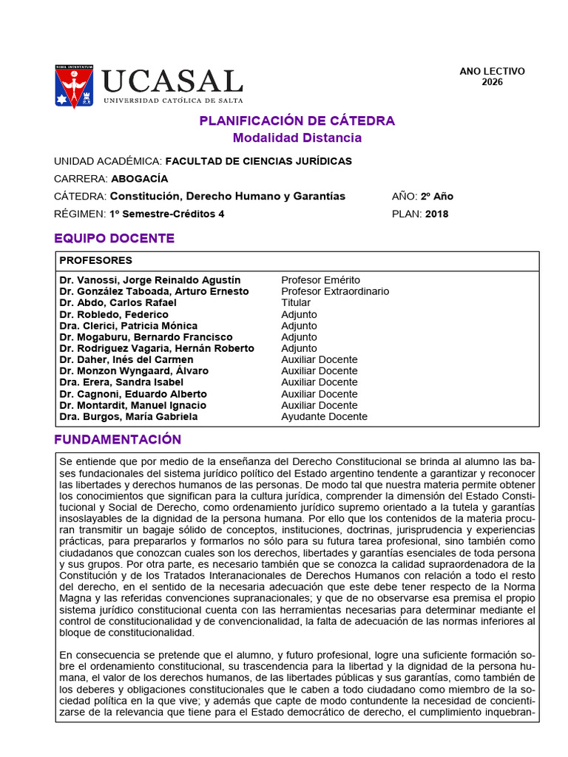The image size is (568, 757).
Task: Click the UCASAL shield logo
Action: (x=74, y=86)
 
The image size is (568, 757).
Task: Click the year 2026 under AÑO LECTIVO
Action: (x=492, y=82)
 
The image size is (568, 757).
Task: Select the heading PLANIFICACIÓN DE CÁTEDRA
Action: (x=297, y=120)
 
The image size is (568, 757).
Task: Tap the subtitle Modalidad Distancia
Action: (x=297, y=138)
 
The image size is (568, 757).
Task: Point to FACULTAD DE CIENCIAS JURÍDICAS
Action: (x=258, y=161)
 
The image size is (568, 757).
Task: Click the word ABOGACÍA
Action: (x=140, y=179)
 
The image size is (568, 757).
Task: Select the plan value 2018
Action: (x=436, y=214)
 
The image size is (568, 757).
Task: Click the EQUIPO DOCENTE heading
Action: (x=115, y=238)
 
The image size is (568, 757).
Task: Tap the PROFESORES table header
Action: (x=95, y=260)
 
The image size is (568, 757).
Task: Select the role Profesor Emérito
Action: (x=320, y=280)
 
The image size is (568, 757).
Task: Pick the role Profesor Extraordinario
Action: (x=335, y=291)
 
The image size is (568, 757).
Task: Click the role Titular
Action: (x=296, y=302)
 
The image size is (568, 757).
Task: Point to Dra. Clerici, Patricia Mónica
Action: (x=128, y=325)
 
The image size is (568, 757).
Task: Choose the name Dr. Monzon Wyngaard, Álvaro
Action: (x=134, y=371)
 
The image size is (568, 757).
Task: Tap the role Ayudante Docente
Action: (x=324, y=417)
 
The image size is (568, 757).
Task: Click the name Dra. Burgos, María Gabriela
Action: (x=128, y=417)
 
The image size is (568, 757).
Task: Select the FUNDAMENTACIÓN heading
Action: (x=118, y=440)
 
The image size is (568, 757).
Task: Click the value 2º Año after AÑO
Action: (x=437, y=197)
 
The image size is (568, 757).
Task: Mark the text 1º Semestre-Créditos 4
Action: (x=166, y=214)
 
